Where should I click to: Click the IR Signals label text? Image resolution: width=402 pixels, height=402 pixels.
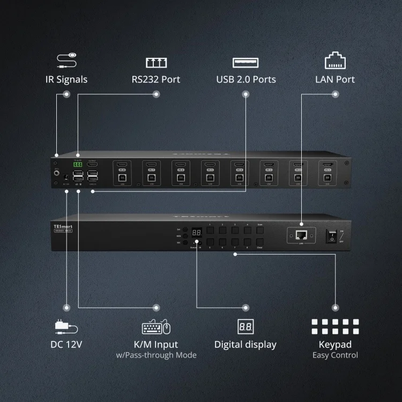coord(66,79)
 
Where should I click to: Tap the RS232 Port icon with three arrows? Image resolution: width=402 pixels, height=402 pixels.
coord(156,63)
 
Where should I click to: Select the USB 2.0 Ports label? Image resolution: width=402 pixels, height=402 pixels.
coord(246,79)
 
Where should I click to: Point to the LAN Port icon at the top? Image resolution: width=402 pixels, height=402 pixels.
coord(335,60)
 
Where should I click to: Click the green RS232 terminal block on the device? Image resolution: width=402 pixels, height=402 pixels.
coord(78,165)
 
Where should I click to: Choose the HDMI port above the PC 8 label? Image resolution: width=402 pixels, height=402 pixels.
coord(122,165)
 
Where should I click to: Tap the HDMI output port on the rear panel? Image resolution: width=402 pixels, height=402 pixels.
coord(93,165)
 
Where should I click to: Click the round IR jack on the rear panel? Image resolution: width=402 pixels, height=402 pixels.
coord(56,173)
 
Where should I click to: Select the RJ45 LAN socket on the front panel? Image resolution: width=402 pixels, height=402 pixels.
coord(301,234)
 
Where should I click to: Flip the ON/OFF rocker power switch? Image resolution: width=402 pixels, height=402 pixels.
coord(332,235)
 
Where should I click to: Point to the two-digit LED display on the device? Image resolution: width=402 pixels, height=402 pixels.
coord(197,233)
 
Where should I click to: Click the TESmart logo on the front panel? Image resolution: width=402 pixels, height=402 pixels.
coord(63,226)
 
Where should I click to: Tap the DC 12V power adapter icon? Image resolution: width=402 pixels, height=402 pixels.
coord(66,326)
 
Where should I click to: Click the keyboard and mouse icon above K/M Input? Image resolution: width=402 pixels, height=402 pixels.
coord(156,327)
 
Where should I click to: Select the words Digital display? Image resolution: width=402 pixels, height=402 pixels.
coord(245,345)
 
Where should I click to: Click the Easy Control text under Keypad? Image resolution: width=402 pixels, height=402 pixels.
coord(335,355)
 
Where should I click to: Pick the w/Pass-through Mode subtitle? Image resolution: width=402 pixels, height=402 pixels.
coord(156,355)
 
